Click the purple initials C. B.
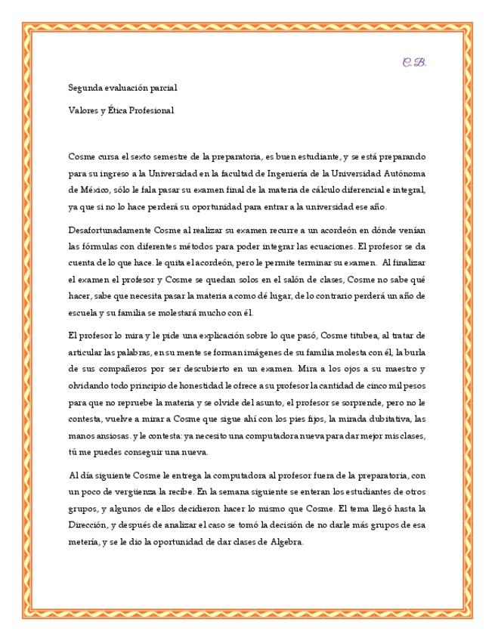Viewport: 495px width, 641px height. (414, 62)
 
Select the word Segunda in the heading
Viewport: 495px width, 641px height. (83, 88)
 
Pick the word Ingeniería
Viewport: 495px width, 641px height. (300, 173)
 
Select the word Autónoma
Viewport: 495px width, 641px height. (407, 173)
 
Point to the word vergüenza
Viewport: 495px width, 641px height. (134, 491)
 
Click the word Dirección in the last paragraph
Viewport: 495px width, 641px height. (88, 525)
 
